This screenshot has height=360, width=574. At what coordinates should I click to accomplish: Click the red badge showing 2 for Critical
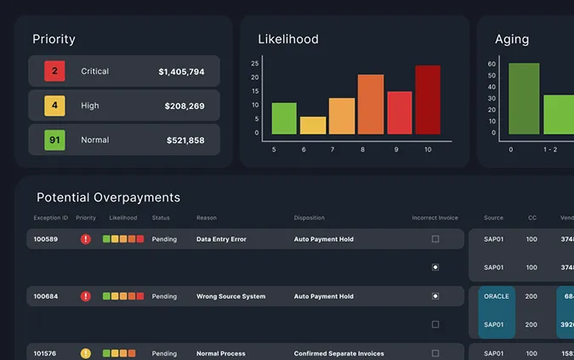coord(54,71)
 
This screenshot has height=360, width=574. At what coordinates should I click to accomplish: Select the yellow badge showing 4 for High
coord(54,106)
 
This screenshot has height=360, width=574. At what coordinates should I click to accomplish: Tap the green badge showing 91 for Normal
coord(54,140)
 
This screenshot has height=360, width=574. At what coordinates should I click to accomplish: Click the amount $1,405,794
coord(181,72)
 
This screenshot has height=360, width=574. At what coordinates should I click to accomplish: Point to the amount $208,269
coord(185,106)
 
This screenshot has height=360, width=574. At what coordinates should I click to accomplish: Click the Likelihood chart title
coord(288,39)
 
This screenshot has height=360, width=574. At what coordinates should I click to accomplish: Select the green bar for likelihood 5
coord(284,118)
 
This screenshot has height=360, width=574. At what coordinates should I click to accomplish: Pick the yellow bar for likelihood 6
coord(313,125)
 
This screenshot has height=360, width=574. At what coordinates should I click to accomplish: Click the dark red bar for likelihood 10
coord(428,100)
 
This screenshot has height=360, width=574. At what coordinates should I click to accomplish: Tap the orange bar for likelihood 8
coord(371,104)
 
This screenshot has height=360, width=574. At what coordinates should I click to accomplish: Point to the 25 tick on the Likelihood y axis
coord(254,64)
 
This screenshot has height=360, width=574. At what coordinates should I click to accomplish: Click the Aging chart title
coord(512,39)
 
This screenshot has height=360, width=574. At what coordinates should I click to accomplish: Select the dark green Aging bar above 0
coord(524,98)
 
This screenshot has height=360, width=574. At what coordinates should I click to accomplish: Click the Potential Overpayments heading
coord(108,197)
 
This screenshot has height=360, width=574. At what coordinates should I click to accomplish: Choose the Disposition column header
coord(310,218)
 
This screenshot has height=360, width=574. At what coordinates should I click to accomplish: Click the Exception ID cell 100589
coord(46,239)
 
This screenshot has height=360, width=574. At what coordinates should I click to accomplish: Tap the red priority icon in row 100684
coord(85,296)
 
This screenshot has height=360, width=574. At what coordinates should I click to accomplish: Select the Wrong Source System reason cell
coord(230,296)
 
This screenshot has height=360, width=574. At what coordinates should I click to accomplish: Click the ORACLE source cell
coord(496,296)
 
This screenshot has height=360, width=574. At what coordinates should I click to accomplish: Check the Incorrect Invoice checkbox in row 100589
coord(435,239)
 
